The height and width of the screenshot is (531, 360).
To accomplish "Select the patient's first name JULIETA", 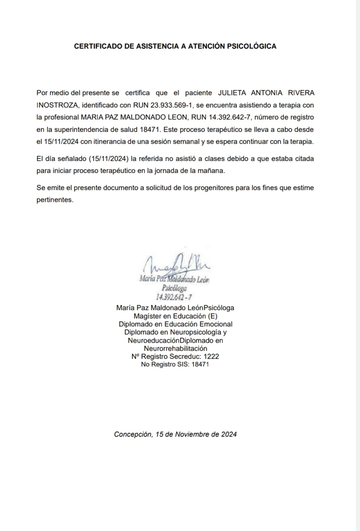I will coord(232,93).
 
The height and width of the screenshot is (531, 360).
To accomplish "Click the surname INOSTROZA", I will coord(57,105).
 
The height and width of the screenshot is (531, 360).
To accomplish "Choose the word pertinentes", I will coord(55,200).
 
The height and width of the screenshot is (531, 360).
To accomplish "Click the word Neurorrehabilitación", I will coord(175,348).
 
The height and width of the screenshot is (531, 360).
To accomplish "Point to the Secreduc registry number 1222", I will coord(211,356).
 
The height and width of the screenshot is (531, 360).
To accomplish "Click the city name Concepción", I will coord(133,434).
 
